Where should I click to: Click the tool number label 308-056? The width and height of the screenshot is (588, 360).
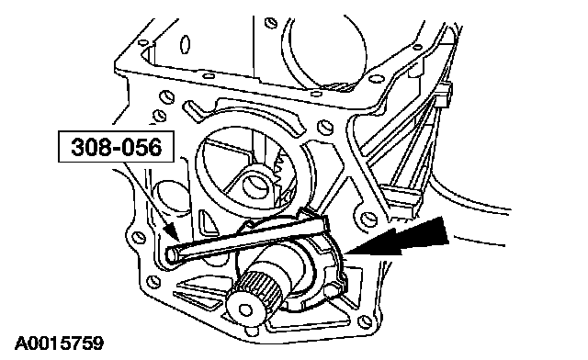point(117,147)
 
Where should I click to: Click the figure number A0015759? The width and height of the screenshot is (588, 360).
point(59,343)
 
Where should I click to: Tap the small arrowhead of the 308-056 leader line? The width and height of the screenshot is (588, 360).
point(173,231)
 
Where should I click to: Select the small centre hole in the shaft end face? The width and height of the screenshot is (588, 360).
point(245,309)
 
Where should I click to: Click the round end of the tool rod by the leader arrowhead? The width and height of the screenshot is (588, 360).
point(172,255)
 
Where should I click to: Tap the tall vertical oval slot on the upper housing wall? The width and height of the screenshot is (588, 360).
point(186,45)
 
